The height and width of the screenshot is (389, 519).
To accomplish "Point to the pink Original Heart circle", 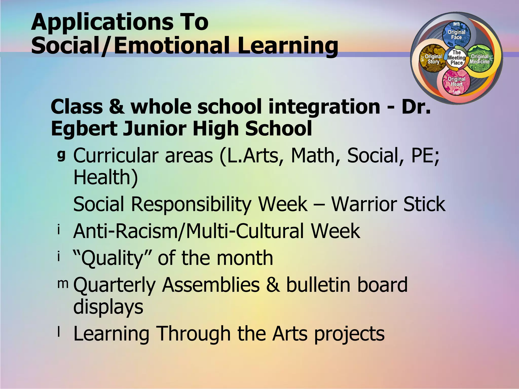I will pos(456,82).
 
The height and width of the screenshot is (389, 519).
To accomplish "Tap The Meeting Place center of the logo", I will pos(456,58).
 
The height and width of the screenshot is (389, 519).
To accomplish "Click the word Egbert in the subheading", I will pos(84,129).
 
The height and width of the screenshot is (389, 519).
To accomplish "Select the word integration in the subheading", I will pos(324,107).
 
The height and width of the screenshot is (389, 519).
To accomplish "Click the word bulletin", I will pos(319,285).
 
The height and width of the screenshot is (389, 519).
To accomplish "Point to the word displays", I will pos(108,307).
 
